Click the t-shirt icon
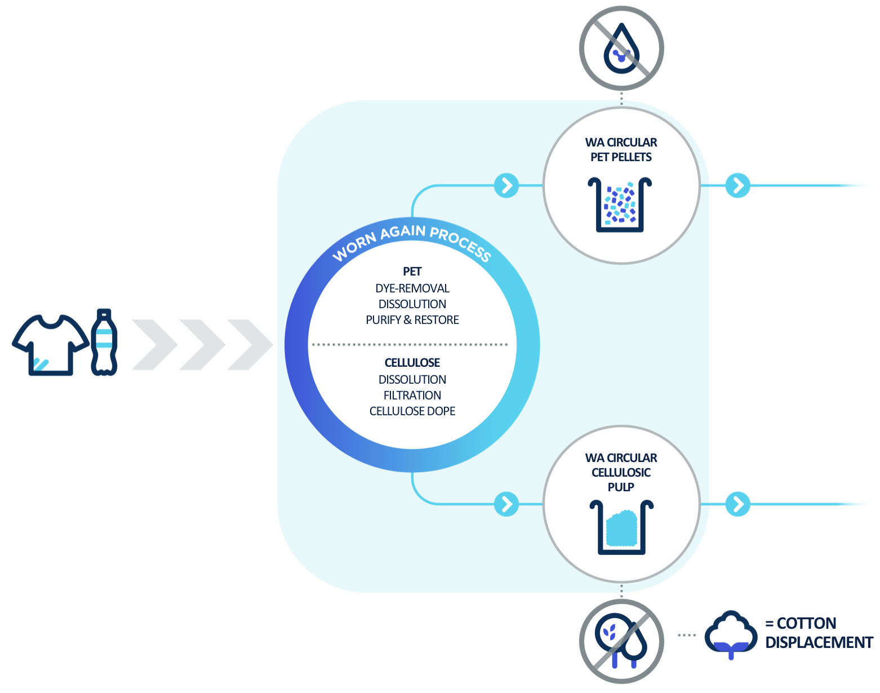click(50, 344)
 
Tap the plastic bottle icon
click(104, 342)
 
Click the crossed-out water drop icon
click(621, 48)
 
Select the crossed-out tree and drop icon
click(621, 641)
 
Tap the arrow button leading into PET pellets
click(506, 185)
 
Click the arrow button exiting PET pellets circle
click(738, 185)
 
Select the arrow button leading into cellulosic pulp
click(506, 504)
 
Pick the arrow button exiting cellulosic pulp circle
click(738, 504)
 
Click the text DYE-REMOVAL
click(412, 288)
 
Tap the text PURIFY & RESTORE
click(412, 320)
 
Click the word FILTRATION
click(412, 396)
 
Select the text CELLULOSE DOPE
click(412, 411)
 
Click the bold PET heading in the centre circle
click(412, 272)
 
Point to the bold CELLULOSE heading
click(412, 363)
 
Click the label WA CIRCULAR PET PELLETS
click(621, 150)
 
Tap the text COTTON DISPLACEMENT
click(819, 633)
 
